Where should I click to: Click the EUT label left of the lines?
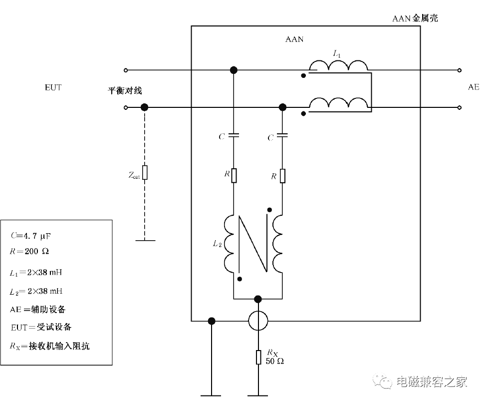(53, 87)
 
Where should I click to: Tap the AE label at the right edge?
(474, 87)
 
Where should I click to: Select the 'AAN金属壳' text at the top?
(415, 18)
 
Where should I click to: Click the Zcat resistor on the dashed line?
(145, 172)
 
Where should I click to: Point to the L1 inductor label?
(337, 54)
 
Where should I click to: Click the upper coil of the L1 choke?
(338, 65)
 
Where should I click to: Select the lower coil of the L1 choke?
(338, 102)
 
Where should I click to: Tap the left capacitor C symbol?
(234, 135)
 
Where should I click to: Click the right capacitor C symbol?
(282, 135)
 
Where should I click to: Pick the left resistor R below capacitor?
(234, 176)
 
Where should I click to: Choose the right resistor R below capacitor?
(282, 176)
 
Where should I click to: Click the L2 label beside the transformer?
(217, 244)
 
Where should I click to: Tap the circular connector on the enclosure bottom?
(258, 321)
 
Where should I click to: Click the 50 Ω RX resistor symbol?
(258, 357)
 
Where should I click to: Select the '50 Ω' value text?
(275, 361)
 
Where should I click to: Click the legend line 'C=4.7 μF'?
(30, 236)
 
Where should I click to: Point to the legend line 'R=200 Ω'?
(29, 251)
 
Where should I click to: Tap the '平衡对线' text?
(125, 91)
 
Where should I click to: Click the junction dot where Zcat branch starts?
(145, 107)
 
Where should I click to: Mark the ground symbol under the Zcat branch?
(145, 240)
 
